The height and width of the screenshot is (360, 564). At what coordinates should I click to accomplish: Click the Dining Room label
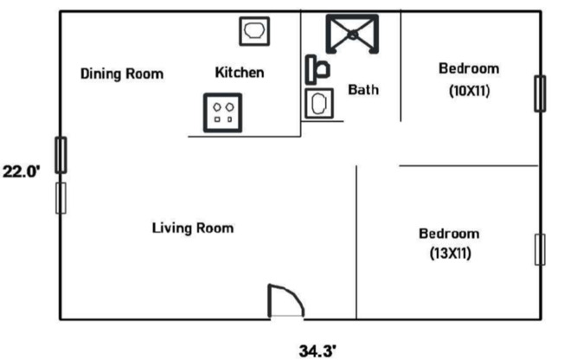click(x=121, y=74)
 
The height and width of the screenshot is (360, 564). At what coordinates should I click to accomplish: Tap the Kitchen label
click(x=240, y=73)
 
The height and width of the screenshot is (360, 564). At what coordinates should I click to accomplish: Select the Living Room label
click(x=193, y=228)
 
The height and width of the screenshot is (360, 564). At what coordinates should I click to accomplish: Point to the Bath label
click(x=363, y=89)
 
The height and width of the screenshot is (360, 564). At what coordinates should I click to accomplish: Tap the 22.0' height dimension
click(x=21, y=171)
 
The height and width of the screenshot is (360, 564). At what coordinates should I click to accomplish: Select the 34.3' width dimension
click(x=317, y=350)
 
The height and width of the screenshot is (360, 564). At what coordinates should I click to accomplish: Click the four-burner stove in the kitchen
click(x=221, y=112)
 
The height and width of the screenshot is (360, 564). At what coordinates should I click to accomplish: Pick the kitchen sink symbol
click(x=255, y=31)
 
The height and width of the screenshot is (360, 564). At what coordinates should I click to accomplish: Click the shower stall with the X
click(x=352, y=34)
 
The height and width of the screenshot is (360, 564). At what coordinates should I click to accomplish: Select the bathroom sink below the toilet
click(x=317, y=104)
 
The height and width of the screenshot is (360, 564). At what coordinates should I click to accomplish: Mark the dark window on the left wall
click(x=61, y=155)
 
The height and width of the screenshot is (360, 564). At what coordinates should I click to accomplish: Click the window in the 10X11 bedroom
click(x=541, y=93)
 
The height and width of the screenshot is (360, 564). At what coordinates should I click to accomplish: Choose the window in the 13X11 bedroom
click(x=541, y=249)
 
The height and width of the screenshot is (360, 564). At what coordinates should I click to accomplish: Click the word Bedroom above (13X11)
click(x=449, y=234)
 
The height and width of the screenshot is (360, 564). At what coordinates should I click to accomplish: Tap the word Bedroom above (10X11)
click(x=469, y=69)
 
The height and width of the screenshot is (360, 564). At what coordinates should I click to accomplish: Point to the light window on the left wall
click(x=61, y=197)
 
